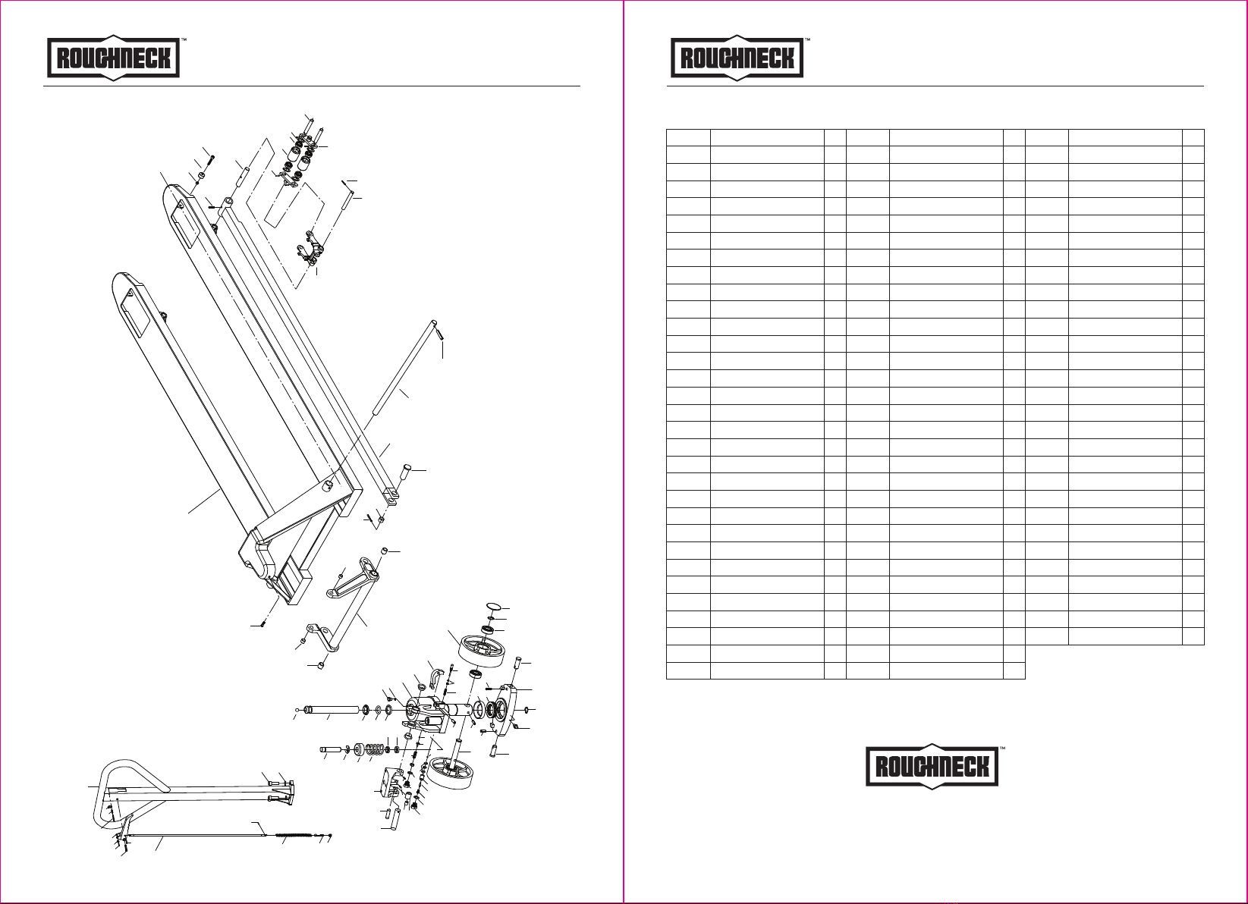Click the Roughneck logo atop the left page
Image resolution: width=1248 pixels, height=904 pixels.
coord(114,58)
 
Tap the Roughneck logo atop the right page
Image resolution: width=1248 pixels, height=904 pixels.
coord(737,58)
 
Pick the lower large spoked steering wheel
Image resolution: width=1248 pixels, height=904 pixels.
coord(452,775)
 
